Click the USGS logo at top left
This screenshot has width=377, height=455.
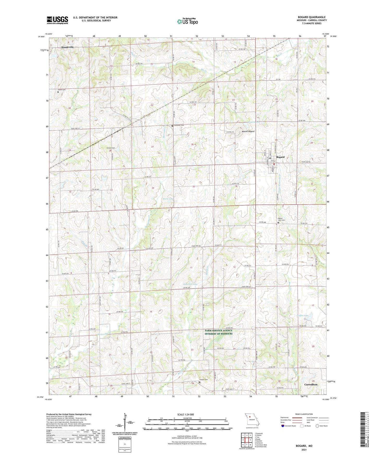tap(57, 20)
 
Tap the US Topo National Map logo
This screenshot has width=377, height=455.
tap(187, 21)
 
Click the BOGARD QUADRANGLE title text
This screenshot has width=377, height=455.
tap(312, 17)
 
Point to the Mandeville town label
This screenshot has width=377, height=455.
tap(67, 47)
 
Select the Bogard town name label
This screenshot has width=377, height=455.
tap(280, 157)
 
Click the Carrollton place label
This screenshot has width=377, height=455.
tap(311, 384)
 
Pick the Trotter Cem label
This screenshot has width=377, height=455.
tap(204, 379)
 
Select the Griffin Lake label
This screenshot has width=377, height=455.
tap(302, 316)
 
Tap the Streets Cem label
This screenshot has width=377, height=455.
tap(111, 148)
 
